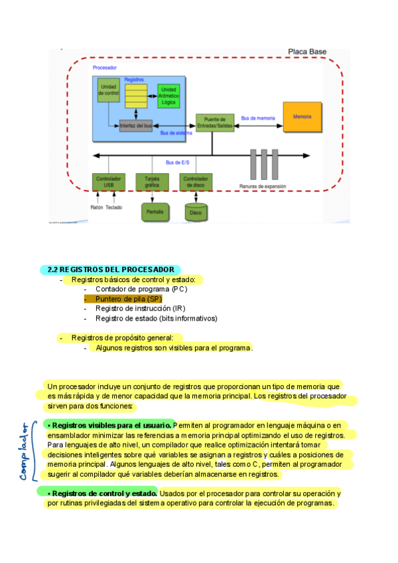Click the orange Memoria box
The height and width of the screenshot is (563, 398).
coord(302,118)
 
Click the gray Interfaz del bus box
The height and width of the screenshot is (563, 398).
coord(135,126)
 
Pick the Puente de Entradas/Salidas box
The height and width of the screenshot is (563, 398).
coord(214,122)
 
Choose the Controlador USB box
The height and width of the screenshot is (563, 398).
coord(108,182)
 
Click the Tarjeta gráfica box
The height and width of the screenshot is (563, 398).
coord(152,182)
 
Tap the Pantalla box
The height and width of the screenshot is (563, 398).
coord(155,212)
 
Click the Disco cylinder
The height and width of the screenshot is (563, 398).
coord(196,212)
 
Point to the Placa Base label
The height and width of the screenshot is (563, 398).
coord(306,52)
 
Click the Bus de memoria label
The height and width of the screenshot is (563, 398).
coord(257,118)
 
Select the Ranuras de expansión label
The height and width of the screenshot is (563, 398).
coord(263,187)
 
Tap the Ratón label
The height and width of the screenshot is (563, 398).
coord(97,206)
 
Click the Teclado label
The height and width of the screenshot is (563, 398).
coord(114,206)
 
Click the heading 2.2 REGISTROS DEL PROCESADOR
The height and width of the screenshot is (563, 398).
coord(110,270)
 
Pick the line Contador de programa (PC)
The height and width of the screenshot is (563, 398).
coord(141,289)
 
